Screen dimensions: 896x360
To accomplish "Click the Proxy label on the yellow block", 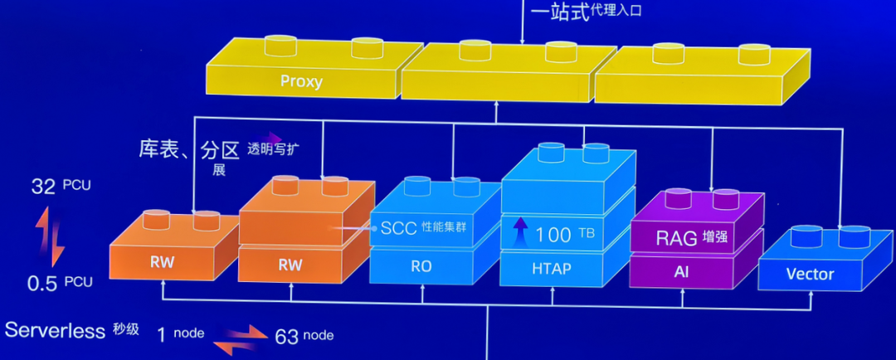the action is tap(300, 81).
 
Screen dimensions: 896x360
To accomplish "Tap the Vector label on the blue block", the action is tap(810, 273).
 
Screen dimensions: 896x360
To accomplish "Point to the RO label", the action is tap(421, 267).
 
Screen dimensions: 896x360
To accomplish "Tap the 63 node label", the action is tap(304, 334).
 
